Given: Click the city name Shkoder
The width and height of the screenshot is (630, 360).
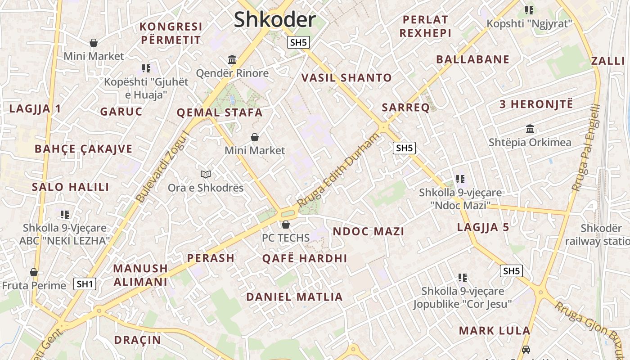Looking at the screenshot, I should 274,20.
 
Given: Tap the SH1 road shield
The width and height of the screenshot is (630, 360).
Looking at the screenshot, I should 85,284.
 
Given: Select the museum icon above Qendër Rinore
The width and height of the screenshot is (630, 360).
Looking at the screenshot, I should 232,59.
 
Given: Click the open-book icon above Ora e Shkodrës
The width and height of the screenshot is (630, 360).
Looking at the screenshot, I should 206,174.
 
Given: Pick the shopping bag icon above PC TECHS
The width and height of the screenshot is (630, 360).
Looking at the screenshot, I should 285,225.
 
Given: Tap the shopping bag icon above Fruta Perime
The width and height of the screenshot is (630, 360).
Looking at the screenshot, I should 33,272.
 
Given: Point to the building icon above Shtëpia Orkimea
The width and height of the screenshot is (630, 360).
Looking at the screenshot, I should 530,129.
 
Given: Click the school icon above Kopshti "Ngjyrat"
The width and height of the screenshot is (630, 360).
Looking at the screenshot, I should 529,10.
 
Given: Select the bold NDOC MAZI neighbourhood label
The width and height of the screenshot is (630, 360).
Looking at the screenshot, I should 368,232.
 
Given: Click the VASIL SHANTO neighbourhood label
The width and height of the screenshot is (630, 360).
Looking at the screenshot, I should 346,78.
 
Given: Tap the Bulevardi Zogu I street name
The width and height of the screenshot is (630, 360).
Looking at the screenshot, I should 162,166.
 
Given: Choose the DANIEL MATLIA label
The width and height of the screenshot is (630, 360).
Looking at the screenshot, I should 294,297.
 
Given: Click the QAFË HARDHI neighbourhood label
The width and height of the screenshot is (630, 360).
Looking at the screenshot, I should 305,258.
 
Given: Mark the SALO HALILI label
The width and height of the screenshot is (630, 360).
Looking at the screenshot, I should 71,187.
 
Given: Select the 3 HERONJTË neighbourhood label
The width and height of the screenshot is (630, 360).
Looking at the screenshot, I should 536,104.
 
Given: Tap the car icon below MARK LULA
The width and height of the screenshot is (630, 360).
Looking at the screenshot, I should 526,349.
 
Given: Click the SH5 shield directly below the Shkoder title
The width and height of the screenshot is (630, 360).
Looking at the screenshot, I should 298,43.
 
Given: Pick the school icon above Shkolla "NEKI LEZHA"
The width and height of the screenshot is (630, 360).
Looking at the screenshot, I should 65,215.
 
